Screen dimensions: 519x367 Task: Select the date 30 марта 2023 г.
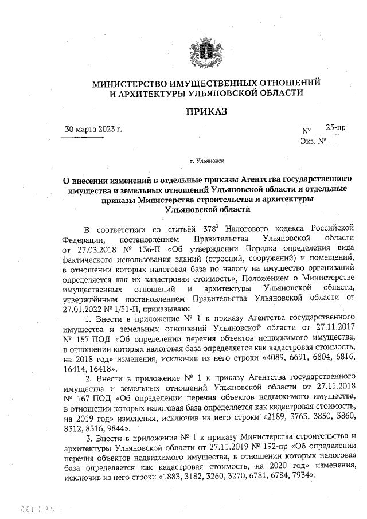click(95, 128)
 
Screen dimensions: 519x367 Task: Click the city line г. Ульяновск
click(207, 162)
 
